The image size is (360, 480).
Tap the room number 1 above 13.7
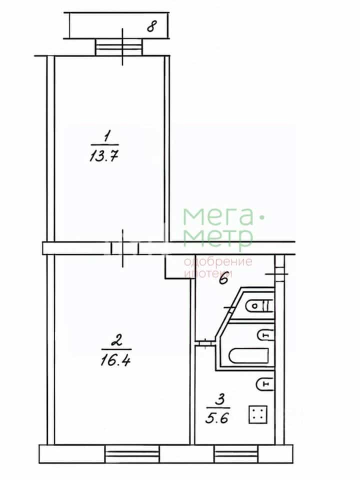(x=106, y=136)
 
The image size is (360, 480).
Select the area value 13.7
(x=104, y=156)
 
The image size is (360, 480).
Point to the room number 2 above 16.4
(x=117, y=340)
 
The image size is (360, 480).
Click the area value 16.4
(x=115, y=360)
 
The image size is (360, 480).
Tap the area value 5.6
(x=217, y=418)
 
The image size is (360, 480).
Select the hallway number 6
(x=224, y=279)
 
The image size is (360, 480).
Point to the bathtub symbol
(x=248, y=356)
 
